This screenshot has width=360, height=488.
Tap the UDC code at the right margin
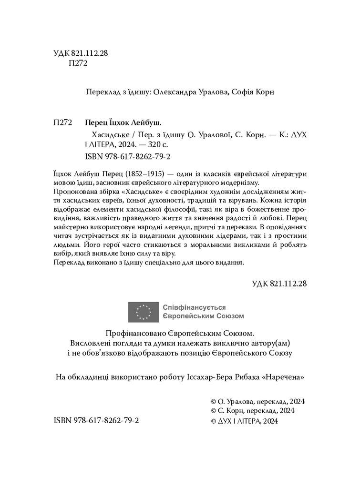(278, 283)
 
